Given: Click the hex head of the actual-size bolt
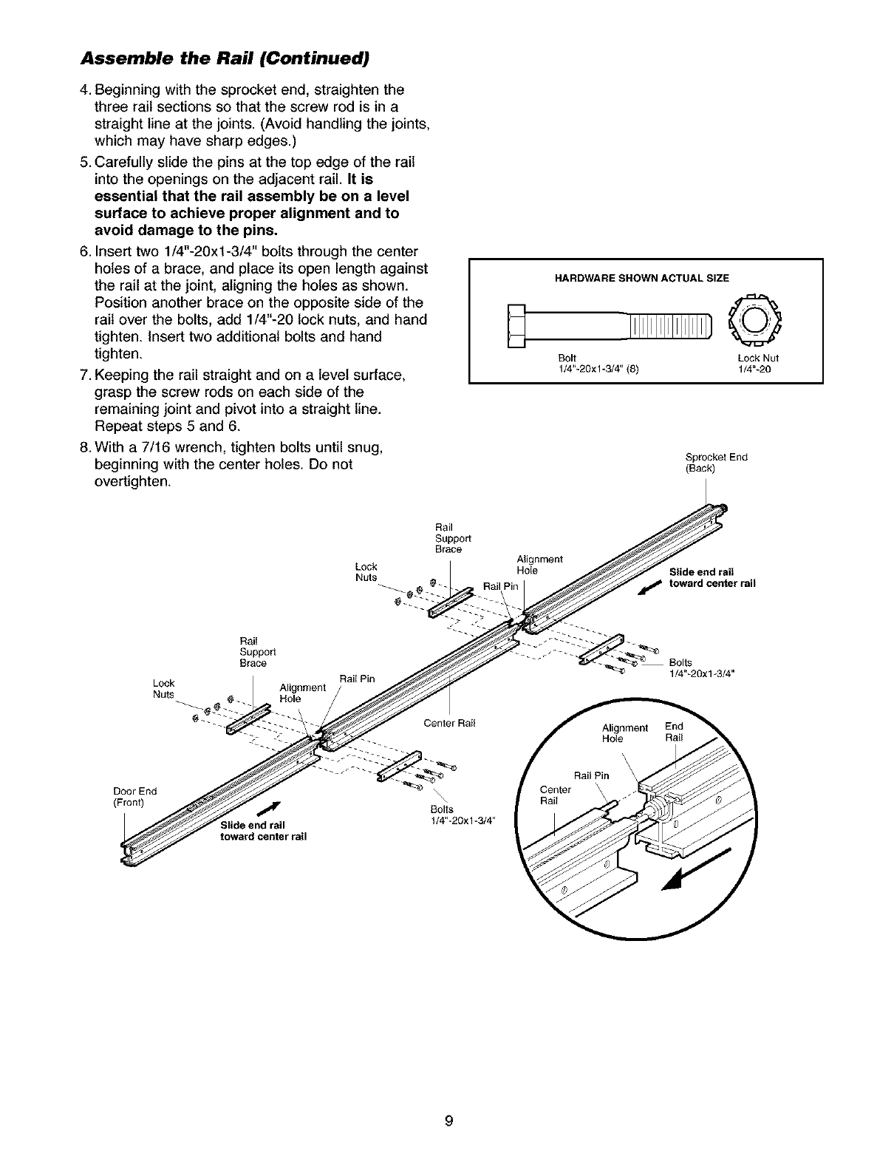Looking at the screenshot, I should pos(516,325).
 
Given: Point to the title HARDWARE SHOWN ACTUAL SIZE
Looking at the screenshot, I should pos(641,278).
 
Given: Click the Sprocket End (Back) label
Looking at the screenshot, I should pos(706,462).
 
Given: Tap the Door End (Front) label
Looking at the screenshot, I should pos(132,795).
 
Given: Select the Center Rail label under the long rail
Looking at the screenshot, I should pos(449,723).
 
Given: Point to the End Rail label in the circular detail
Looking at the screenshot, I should pos(674,732).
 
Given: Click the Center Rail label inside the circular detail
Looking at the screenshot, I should pos(556,795).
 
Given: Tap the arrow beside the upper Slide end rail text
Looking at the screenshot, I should pos(651,588).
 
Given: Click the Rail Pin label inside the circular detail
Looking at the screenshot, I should pos(591,775).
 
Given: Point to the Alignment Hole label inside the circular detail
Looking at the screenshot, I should pos(624,733).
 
